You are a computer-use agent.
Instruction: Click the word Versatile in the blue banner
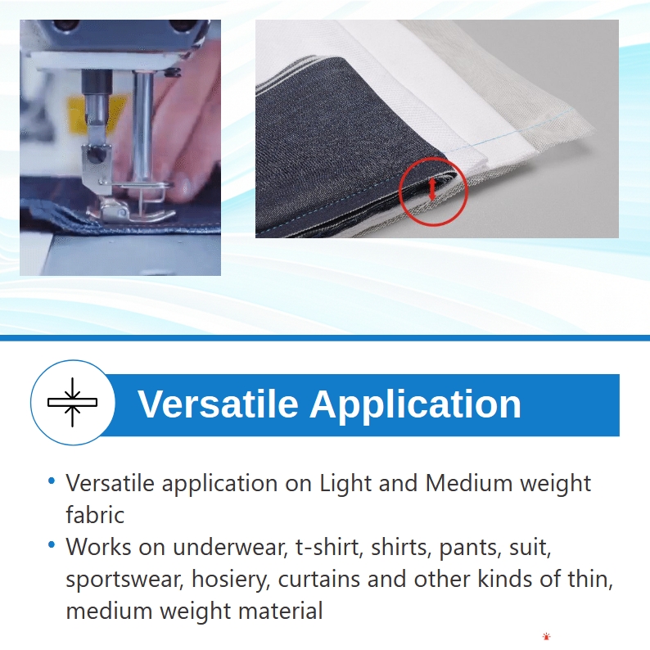coord(218,404)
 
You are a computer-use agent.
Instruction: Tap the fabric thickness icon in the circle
coord(73,402)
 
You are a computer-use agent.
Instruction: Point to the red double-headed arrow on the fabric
coord(432,189)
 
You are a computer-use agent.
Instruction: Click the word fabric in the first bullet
coord(95,515)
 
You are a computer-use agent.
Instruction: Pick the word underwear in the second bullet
coord(230,547)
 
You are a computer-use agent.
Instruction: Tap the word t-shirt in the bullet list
coord(329,547)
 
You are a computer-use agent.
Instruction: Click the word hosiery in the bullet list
coord(231,580)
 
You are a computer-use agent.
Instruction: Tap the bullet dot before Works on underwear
coord(52,544)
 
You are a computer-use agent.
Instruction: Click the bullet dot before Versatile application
coord(52,481)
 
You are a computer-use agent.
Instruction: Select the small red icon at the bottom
coord(546,636)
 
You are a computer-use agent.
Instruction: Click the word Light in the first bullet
coord(345,483)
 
